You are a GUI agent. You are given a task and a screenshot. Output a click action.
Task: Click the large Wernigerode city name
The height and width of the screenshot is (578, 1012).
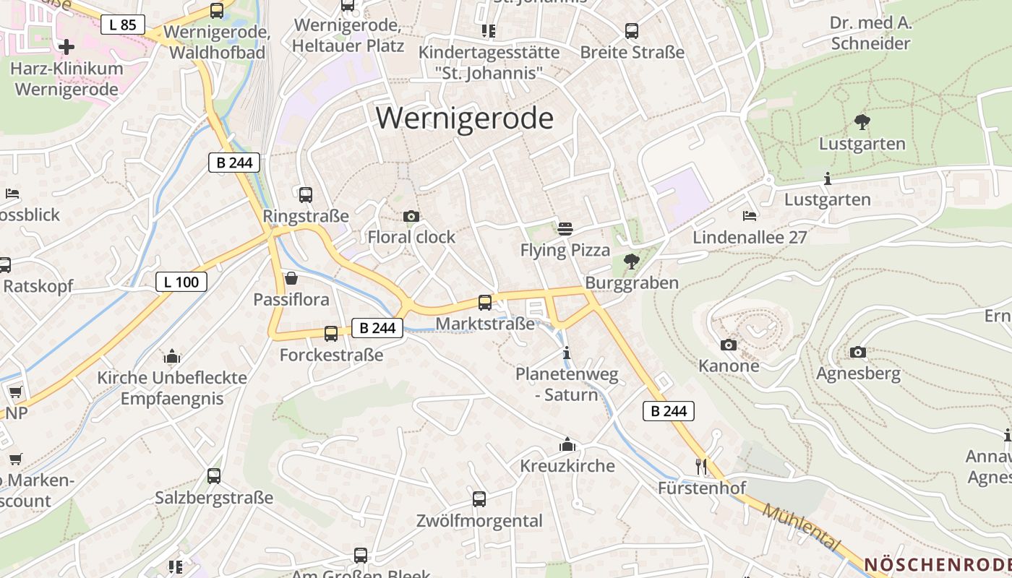click(x=465, y=118)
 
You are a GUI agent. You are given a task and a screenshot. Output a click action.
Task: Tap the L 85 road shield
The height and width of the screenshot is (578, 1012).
click(x=123, y=25)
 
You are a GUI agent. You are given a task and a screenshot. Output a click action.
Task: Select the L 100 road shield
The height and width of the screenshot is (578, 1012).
click(x=181, y=282)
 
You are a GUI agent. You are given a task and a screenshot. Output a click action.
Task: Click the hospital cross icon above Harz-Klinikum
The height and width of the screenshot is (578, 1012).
click(x=67, y=47)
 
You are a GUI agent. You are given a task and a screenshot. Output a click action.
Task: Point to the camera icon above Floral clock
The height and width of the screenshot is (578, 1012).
click(x=411, y=216)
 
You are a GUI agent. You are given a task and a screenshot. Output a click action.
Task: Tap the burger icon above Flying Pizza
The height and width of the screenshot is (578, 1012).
click(x=565, y=229)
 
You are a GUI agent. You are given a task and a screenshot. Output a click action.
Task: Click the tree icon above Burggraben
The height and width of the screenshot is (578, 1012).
click(x=631, y=261)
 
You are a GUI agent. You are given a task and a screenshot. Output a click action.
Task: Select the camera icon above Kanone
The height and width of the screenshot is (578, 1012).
click(x=729, y=345)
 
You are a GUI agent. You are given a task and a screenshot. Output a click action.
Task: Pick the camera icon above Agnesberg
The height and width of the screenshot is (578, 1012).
click(x=858, y=352)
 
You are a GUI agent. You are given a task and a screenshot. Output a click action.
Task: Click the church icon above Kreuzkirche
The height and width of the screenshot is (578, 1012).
click(x=567, y=444)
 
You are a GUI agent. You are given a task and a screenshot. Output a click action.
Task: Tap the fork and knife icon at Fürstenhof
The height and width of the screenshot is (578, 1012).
click(x=700, y=466)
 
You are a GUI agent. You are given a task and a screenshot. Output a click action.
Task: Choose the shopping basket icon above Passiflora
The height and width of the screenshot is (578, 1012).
click(x=291, y=278)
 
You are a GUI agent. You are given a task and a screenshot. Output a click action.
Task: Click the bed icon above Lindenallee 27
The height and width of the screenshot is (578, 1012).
click(x=750, y=215)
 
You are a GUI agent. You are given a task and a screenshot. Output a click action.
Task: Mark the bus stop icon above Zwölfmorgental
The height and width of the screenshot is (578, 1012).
click(x=479, y=499)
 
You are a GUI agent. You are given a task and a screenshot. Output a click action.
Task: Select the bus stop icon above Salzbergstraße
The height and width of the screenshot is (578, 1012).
click(x=214, y=475)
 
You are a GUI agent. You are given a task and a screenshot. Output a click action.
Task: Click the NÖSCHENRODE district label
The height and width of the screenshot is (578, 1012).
click(x=938, y=564)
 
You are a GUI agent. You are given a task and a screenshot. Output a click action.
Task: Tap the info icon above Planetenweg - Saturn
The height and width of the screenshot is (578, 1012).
click(x=567, y=353)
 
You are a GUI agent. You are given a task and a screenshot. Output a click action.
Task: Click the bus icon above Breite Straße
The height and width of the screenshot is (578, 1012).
click(x=632, y=31)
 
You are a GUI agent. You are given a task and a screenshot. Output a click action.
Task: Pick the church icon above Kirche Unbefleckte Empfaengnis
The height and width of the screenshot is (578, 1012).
click(x=172, y=356)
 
